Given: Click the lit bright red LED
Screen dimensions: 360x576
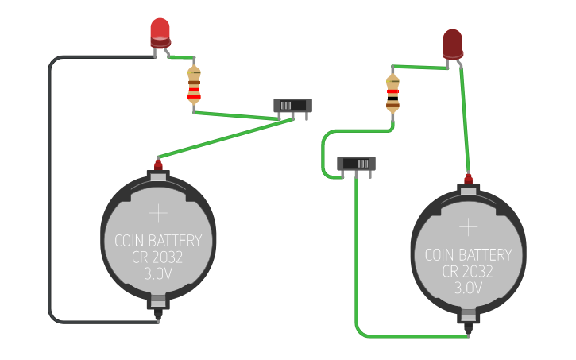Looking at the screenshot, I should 160,31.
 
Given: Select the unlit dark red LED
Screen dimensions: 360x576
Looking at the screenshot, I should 452,43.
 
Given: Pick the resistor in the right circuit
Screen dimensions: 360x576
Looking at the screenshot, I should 392,92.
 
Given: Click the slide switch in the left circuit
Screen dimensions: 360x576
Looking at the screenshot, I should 292,106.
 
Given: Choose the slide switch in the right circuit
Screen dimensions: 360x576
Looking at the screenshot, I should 356,164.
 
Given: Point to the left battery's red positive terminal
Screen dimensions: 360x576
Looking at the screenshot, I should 158,165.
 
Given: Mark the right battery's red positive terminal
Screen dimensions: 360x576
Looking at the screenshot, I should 468,178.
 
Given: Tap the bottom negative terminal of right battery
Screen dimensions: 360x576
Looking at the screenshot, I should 468,323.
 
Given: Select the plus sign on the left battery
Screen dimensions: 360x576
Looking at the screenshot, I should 158,213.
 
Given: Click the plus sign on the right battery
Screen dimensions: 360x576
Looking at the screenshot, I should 468,227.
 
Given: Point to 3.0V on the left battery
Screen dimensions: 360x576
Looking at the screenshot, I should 158,274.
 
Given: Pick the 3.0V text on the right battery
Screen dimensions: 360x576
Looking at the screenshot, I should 468,288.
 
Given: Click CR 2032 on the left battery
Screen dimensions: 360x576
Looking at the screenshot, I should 158,257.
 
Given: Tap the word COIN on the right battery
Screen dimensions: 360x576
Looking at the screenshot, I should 441,255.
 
